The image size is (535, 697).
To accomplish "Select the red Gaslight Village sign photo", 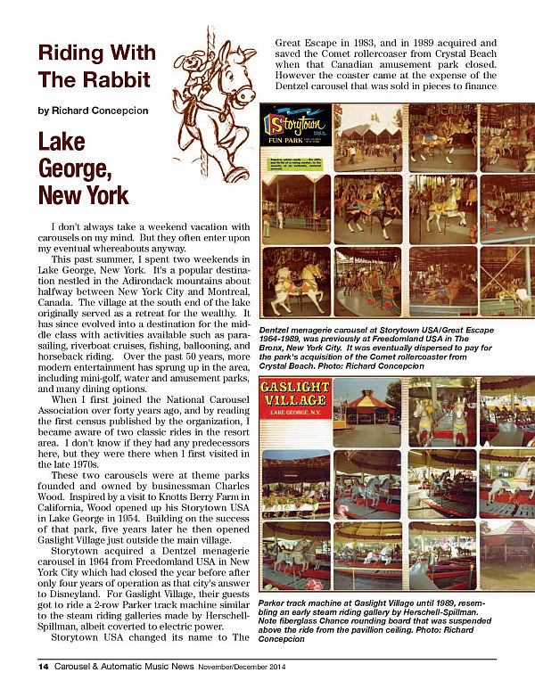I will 294,398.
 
